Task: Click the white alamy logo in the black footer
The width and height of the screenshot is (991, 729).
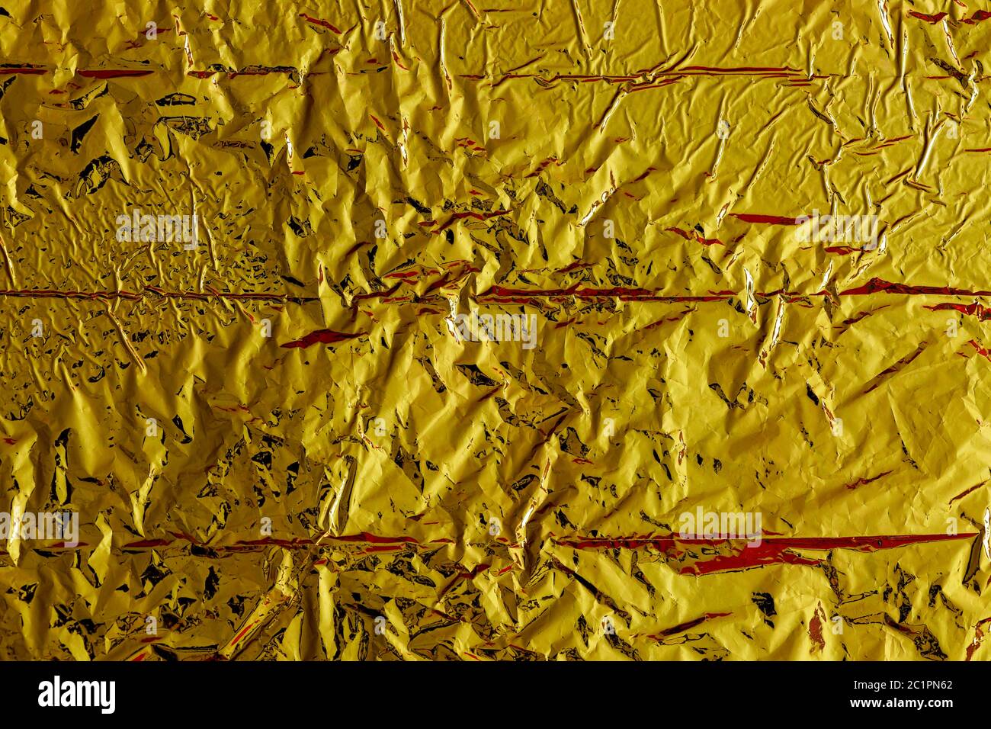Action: pos(76,694)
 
